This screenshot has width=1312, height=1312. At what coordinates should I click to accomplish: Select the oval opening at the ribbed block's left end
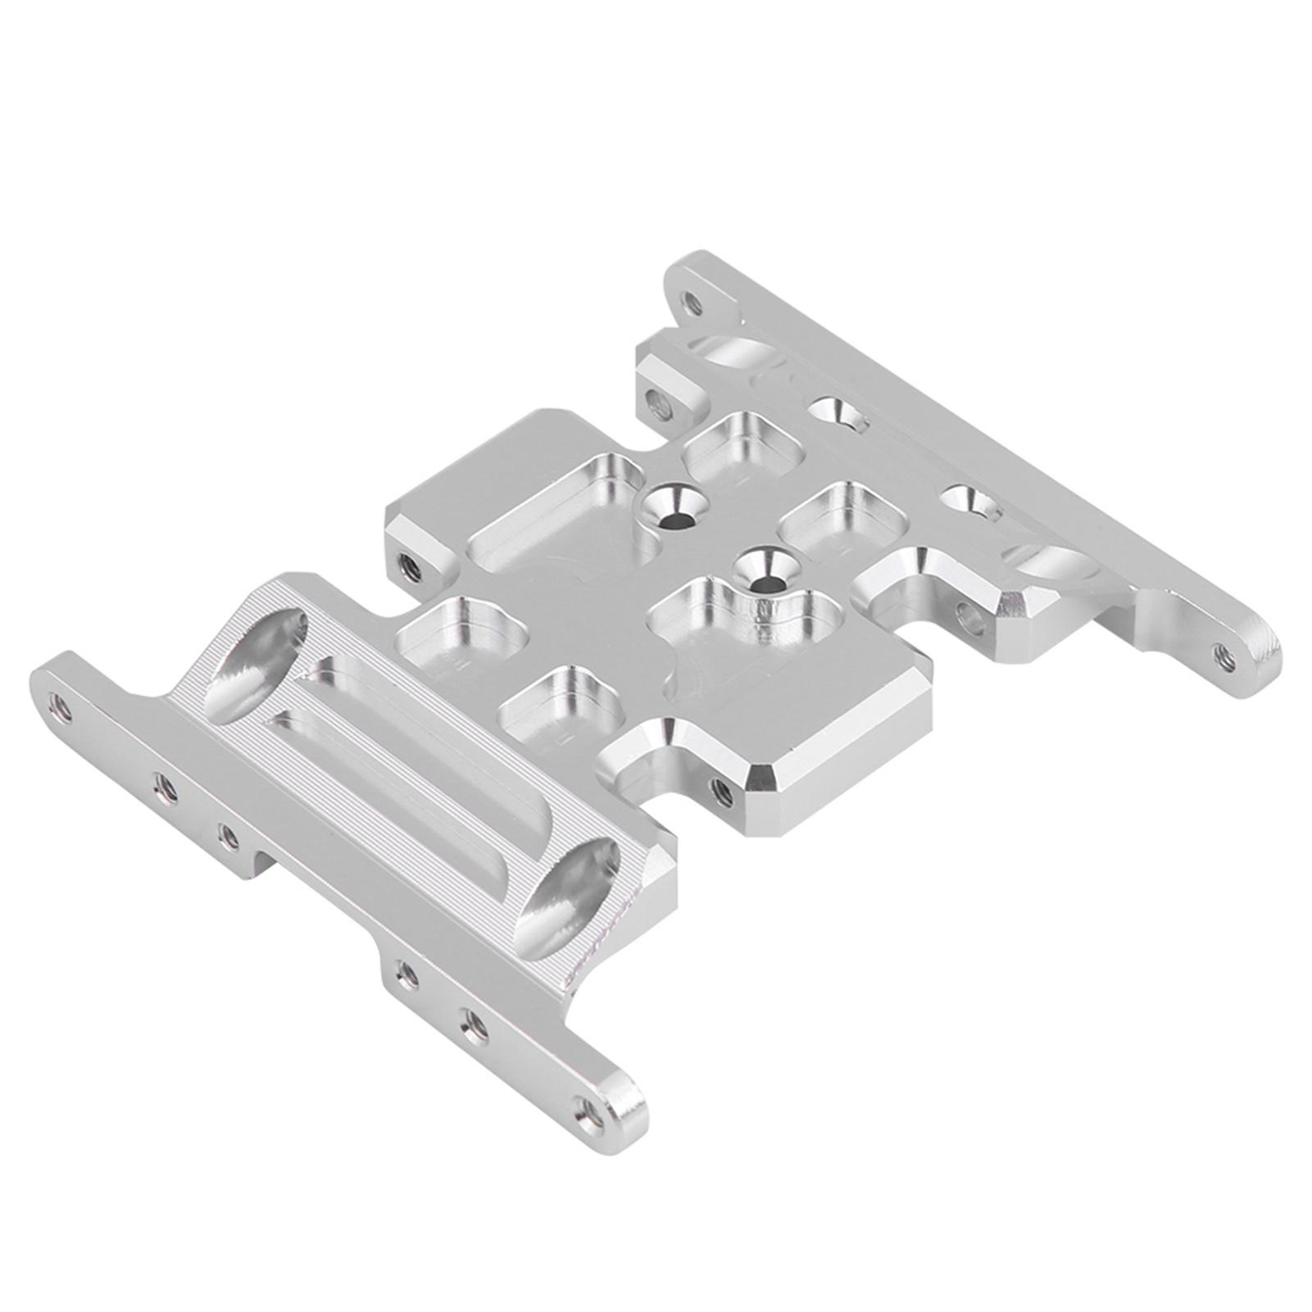point(256,665)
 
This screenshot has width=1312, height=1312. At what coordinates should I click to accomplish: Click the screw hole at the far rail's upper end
point(693,305)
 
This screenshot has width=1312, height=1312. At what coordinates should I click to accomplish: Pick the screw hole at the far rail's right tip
point(1226,655)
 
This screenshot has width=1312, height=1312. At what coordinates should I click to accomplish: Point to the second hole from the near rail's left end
point(165,788)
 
